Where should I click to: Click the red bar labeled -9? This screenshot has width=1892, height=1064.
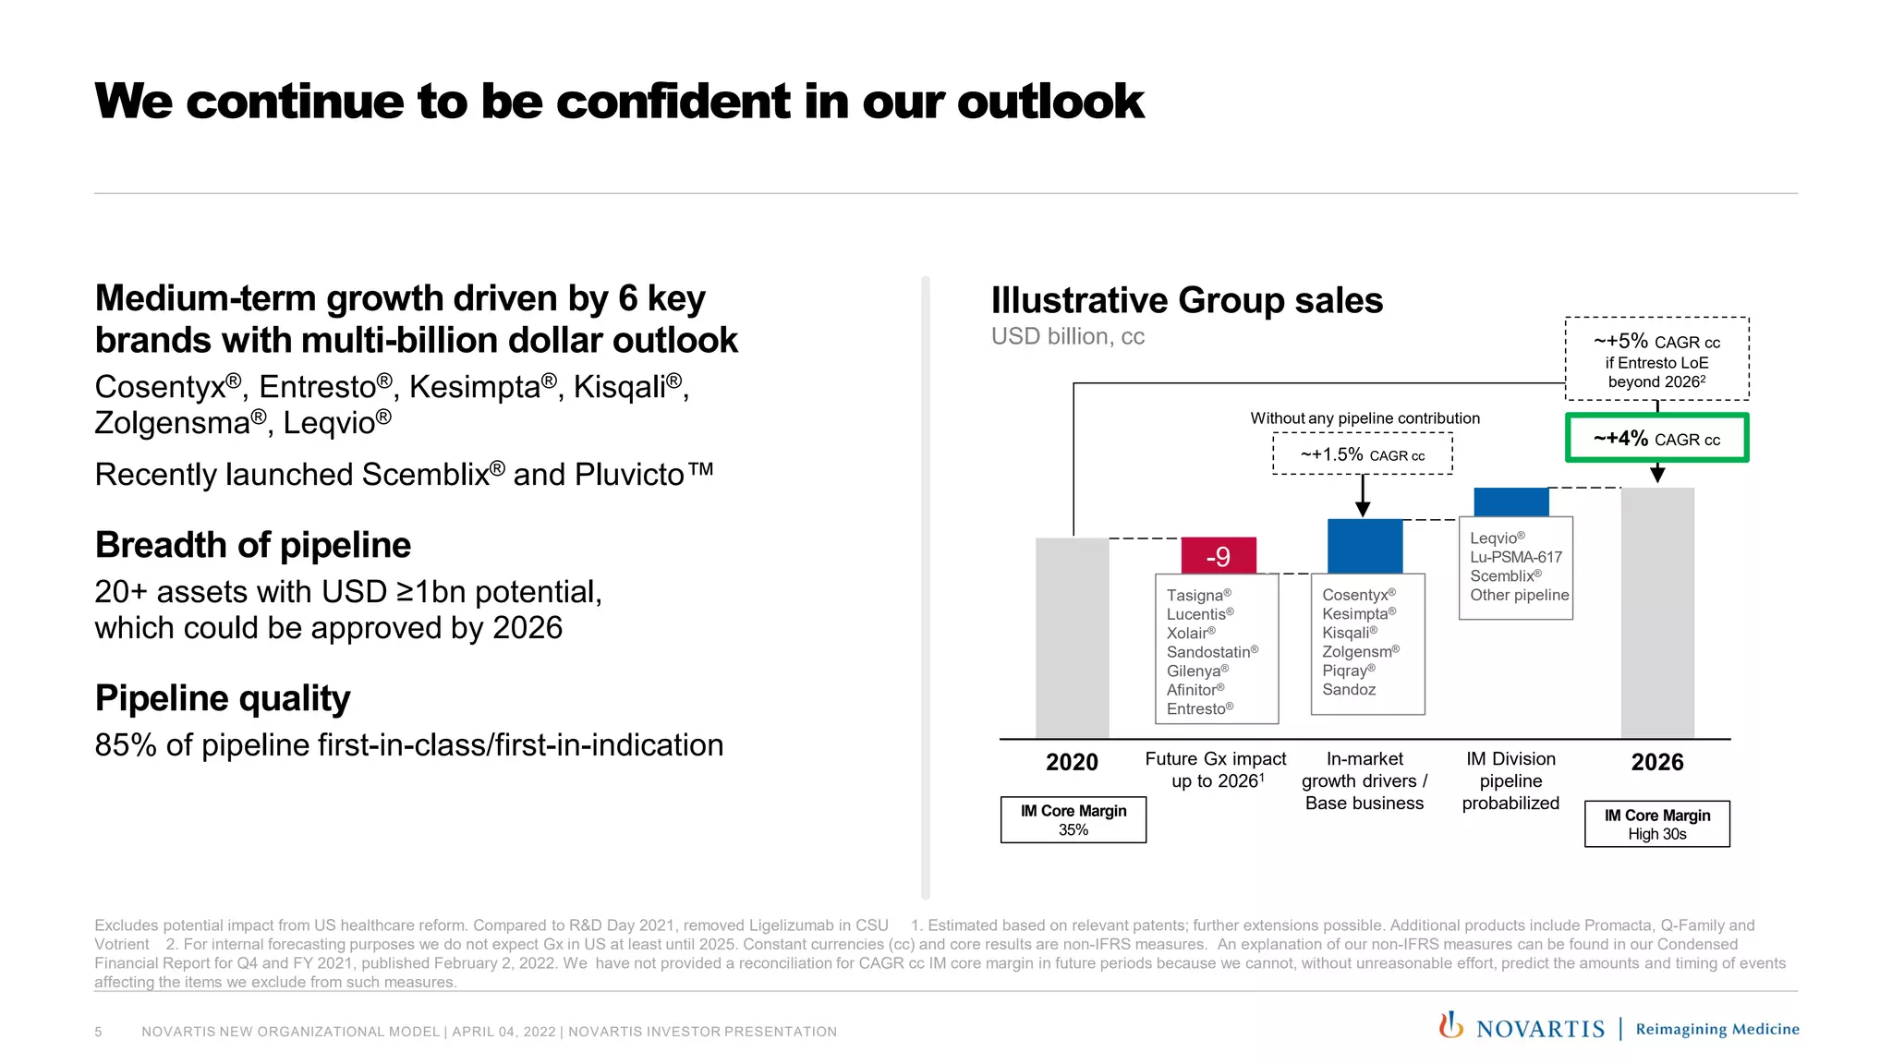(1218, 556)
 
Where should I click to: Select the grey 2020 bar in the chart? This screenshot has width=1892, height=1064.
(1072, 637)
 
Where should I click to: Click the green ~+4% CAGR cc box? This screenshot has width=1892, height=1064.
(1656, 438)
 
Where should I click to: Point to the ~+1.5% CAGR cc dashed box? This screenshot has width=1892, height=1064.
(1362, 454)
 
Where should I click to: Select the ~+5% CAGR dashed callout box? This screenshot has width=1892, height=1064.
(1656, 359)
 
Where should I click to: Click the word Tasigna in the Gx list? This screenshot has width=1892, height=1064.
(1194, 596)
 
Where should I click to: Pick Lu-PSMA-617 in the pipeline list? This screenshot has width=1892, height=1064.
(1515, 557)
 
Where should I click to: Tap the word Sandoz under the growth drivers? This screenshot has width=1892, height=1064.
(1348, 690)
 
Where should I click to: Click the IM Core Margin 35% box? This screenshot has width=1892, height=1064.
(1073, 820)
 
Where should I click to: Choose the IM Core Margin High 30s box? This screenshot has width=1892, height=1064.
(1656, 824)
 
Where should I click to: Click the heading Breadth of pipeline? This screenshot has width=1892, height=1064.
(252, 545)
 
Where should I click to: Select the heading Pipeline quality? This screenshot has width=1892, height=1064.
(223, 698)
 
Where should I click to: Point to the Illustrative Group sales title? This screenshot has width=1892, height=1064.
(1186, 301)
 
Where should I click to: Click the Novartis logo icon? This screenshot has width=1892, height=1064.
(1450, 1025)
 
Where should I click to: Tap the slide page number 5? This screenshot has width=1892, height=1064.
(98, 1032)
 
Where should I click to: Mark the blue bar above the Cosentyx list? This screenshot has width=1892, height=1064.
(1364, 546)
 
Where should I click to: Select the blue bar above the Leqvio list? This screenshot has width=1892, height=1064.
(1510, 502)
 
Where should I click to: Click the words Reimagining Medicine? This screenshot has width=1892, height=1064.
(1716, 1029)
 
